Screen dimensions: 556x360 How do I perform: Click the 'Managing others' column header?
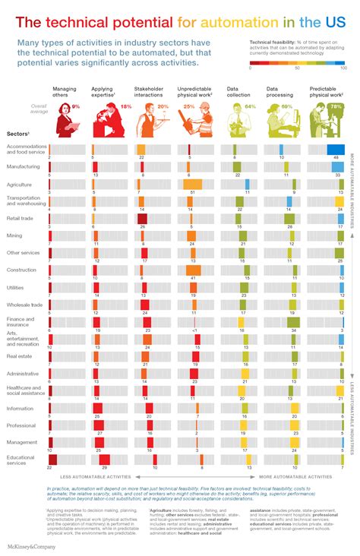64,93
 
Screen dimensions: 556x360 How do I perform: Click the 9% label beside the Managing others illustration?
75,107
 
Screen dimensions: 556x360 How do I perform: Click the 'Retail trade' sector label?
21,218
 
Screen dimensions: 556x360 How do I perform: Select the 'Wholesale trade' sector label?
24,305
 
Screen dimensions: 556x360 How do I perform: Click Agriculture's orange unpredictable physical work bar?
192,184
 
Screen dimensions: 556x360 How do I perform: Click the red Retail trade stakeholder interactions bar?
142,219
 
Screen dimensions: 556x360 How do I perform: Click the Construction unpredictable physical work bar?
193,270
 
